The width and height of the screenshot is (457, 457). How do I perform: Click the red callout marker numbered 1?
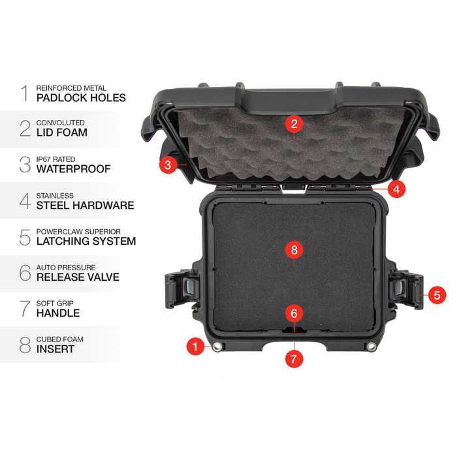(x=194, y=347)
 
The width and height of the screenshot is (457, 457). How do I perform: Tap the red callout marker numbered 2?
(x=294, y=123)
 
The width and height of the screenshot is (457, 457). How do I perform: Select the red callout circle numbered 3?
(x=168, y=165)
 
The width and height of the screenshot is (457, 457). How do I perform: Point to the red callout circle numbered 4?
(x=396, y=189)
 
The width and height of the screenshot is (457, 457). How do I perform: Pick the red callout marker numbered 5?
(x=436, y=295)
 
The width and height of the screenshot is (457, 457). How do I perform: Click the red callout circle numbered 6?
(x=294, y=313)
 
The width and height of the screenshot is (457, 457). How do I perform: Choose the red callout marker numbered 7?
(x=294, y=358)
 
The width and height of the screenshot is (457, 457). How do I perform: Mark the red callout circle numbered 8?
(x=294, y=249)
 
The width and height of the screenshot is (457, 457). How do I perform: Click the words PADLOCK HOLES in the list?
(x=81, y=98)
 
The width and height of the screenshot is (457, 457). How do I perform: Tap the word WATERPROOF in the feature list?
(x=73, y=169)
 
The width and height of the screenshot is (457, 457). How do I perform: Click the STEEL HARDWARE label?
(x=85, y=205)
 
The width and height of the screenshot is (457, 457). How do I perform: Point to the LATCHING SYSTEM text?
(x=86, y=241)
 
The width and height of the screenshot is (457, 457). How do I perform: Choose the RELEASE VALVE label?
(x=78, y=277)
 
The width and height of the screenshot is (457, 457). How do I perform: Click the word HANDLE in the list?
(x=57, y=313)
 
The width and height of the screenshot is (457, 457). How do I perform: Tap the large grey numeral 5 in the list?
(x=25, y=237)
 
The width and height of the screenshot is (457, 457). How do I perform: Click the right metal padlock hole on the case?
(x=371, y=347)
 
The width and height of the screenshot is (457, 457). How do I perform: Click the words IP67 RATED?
(x=56, y=159)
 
